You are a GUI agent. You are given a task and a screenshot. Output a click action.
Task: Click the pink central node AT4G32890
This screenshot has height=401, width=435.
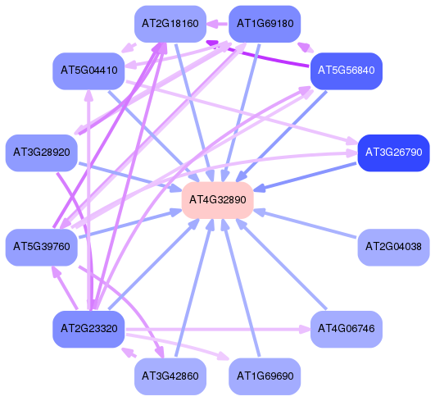pos(218,200)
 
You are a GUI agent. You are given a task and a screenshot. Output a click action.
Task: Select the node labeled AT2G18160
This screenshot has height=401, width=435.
pos(170,24)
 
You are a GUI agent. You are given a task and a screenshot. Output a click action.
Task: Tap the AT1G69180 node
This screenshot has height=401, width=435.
pos(265,24)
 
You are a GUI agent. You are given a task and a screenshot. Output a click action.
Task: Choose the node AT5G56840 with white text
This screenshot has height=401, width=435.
pos(347,71)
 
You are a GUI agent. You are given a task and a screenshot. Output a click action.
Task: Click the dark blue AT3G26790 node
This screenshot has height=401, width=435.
pos(393,153)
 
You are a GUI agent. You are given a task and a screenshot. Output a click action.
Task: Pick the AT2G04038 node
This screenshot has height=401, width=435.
pos(393,247)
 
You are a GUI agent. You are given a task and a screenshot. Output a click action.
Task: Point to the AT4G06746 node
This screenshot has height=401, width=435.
pos(347,329)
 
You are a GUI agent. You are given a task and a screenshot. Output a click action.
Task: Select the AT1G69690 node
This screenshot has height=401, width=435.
pos(265,376)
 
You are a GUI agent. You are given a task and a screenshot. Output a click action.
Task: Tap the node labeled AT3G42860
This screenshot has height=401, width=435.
pos(170,376)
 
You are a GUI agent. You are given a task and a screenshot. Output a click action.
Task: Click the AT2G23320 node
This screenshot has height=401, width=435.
pos(88,329)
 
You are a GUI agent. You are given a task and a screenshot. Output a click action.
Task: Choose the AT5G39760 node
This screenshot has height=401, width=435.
pos(42,247)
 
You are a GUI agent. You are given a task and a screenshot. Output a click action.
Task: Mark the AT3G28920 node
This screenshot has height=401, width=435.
pos(42,153)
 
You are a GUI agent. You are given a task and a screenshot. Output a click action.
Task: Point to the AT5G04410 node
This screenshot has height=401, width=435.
pos(88,71)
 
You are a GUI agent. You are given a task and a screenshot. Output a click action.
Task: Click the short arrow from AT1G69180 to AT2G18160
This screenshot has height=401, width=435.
pos(218,24)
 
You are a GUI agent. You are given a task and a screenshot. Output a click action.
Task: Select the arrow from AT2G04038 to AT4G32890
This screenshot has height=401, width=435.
pos(305,224)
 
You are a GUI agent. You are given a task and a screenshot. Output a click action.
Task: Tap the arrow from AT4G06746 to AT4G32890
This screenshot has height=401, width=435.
pos(281,264)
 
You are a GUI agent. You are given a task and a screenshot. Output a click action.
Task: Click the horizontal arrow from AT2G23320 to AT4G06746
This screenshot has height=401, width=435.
pos(218,330)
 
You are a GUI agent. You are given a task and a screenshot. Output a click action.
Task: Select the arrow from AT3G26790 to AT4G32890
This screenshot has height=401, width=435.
pos(305,177)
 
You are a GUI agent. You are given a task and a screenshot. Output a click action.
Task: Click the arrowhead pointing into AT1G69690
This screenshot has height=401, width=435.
pos(224,356)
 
